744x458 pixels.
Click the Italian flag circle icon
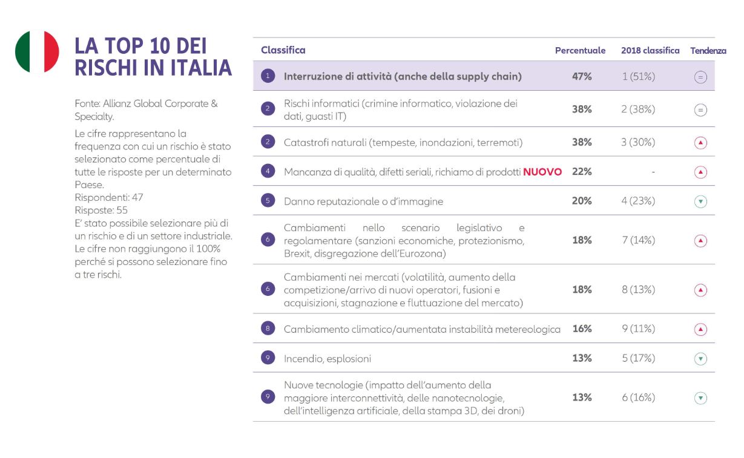click(x=37, y=52)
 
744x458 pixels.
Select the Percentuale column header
click(x=580, y=51)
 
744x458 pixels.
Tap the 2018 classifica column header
click(x=650, y=51)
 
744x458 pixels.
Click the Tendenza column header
click(x=708, y=51)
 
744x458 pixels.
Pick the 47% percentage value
click(x=582, y=77)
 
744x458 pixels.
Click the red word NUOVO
click(x=542, y=172)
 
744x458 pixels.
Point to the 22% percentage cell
click(x=582, y=172)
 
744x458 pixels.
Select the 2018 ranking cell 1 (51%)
click(x=638, y=77)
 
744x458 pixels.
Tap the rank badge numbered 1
click(x=268, y=77)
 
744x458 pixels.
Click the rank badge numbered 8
click(x=268, y=329)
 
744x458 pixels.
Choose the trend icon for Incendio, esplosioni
click(x=700, y=359)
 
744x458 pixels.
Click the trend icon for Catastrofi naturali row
click(x=700, y=143)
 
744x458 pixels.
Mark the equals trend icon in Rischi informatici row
click(x=700, y=110)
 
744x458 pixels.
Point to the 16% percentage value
click(x=582, y=329)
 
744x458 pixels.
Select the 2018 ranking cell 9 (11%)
click(x=638, y=329)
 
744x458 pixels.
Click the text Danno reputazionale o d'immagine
click(x=363, y=201)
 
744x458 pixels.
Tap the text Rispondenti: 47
click(x=109, y=197)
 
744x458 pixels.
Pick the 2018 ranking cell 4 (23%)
click(x=638, y=201)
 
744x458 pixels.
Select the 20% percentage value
click(x=582, y=201)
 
